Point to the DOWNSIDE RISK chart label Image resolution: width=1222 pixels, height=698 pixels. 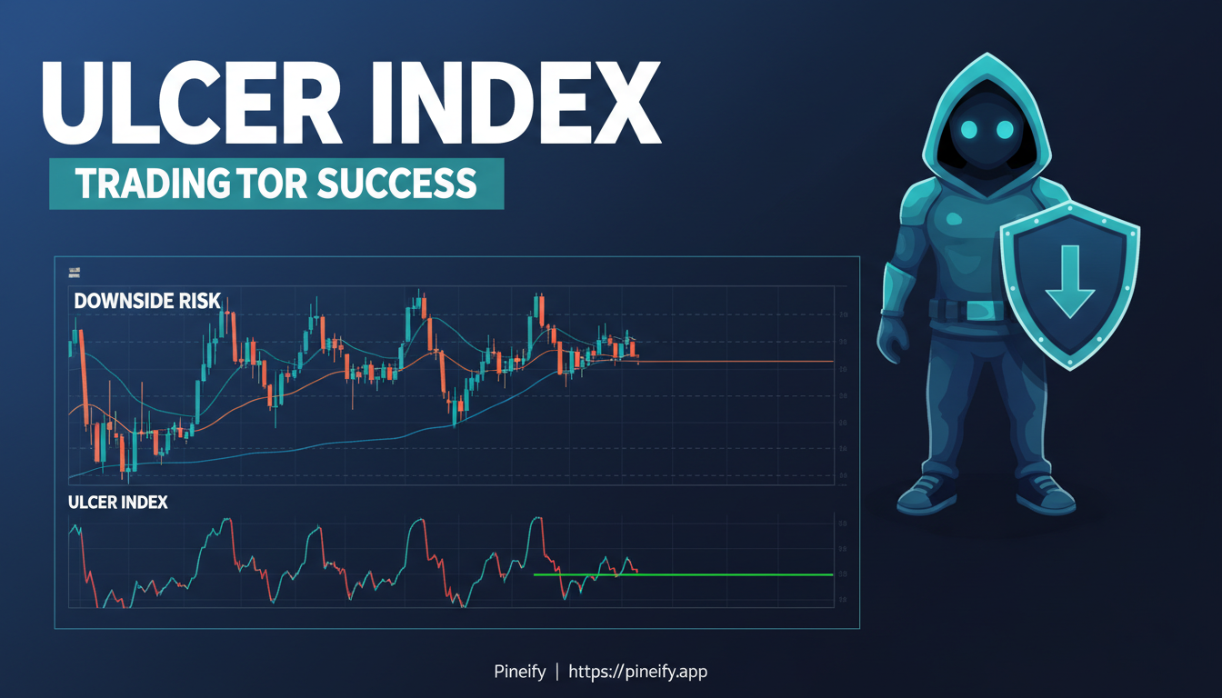[x=145, y=300]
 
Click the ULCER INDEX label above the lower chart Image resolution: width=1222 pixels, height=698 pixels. [x=117, y=502]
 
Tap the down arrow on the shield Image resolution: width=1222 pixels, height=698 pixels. [x=1070, y=277]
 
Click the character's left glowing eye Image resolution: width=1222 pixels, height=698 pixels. [x=967, y=131]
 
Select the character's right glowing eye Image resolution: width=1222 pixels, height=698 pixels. [x=1005, y=131]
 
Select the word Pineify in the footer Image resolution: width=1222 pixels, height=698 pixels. [x=519, y=672]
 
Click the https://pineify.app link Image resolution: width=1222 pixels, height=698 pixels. [x=637, y=672]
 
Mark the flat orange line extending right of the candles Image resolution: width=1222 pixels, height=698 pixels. [x=736, y=362]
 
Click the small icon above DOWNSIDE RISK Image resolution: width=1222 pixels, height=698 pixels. [x=74, y=272]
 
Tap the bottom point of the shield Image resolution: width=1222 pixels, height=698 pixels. [x=1071, y=368]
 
